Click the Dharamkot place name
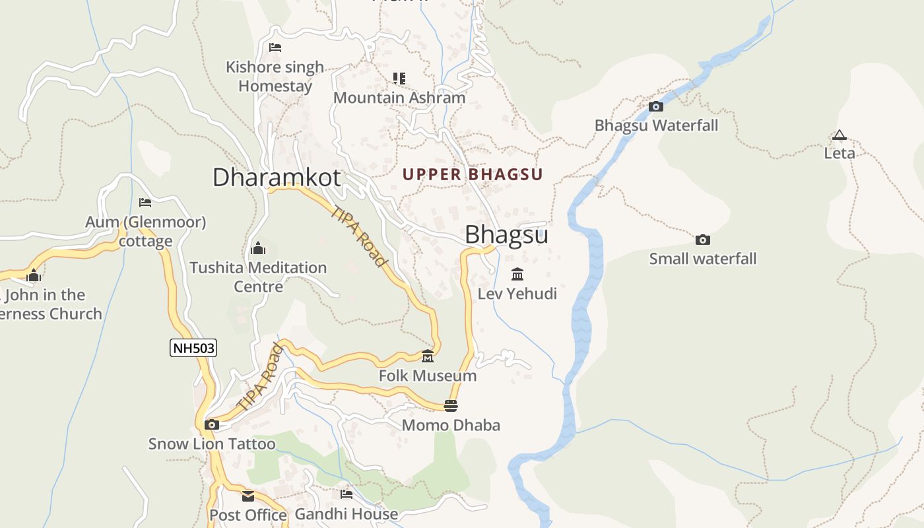coord(277,178)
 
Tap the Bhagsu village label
coord(506,235)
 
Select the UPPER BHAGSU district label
coord(473,175)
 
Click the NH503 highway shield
coord(193,348)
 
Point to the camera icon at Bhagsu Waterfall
coord(655,106)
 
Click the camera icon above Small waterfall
coord(703,240)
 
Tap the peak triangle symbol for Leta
coord(839,135)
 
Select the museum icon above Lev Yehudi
coord(517,274)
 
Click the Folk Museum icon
coord(428,356)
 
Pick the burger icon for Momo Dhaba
coord(451,405)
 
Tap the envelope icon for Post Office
coord(248,496)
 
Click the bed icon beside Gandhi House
coord(346,494)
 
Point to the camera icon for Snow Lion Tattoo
coord(212,424)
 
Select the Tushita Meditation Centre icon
coord(258,248)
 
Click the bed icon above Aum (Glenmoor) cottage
coord(145,202)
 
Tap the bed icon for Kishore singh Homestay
coord(275,48)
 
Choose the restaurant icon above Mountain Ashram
coord(399,79)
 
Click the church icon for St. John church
coord(34,275)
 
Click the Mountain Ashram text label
coord(399,98)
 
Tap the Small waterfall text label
coord(703,259)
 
